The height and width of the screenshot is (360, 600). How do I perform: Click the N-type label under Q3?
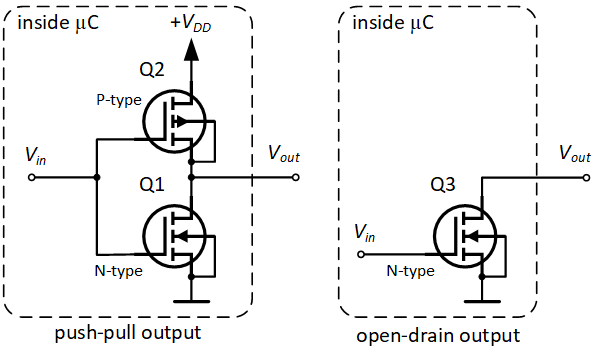(410, 270)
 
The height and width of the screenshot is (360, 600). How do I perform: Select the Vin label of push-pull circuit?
(38, 156)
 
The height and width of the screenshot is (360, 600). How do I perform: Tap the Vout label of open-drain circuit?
(572, 155)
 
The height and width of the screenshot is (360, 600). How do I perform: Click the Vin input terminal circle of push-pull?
(32, 178)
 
